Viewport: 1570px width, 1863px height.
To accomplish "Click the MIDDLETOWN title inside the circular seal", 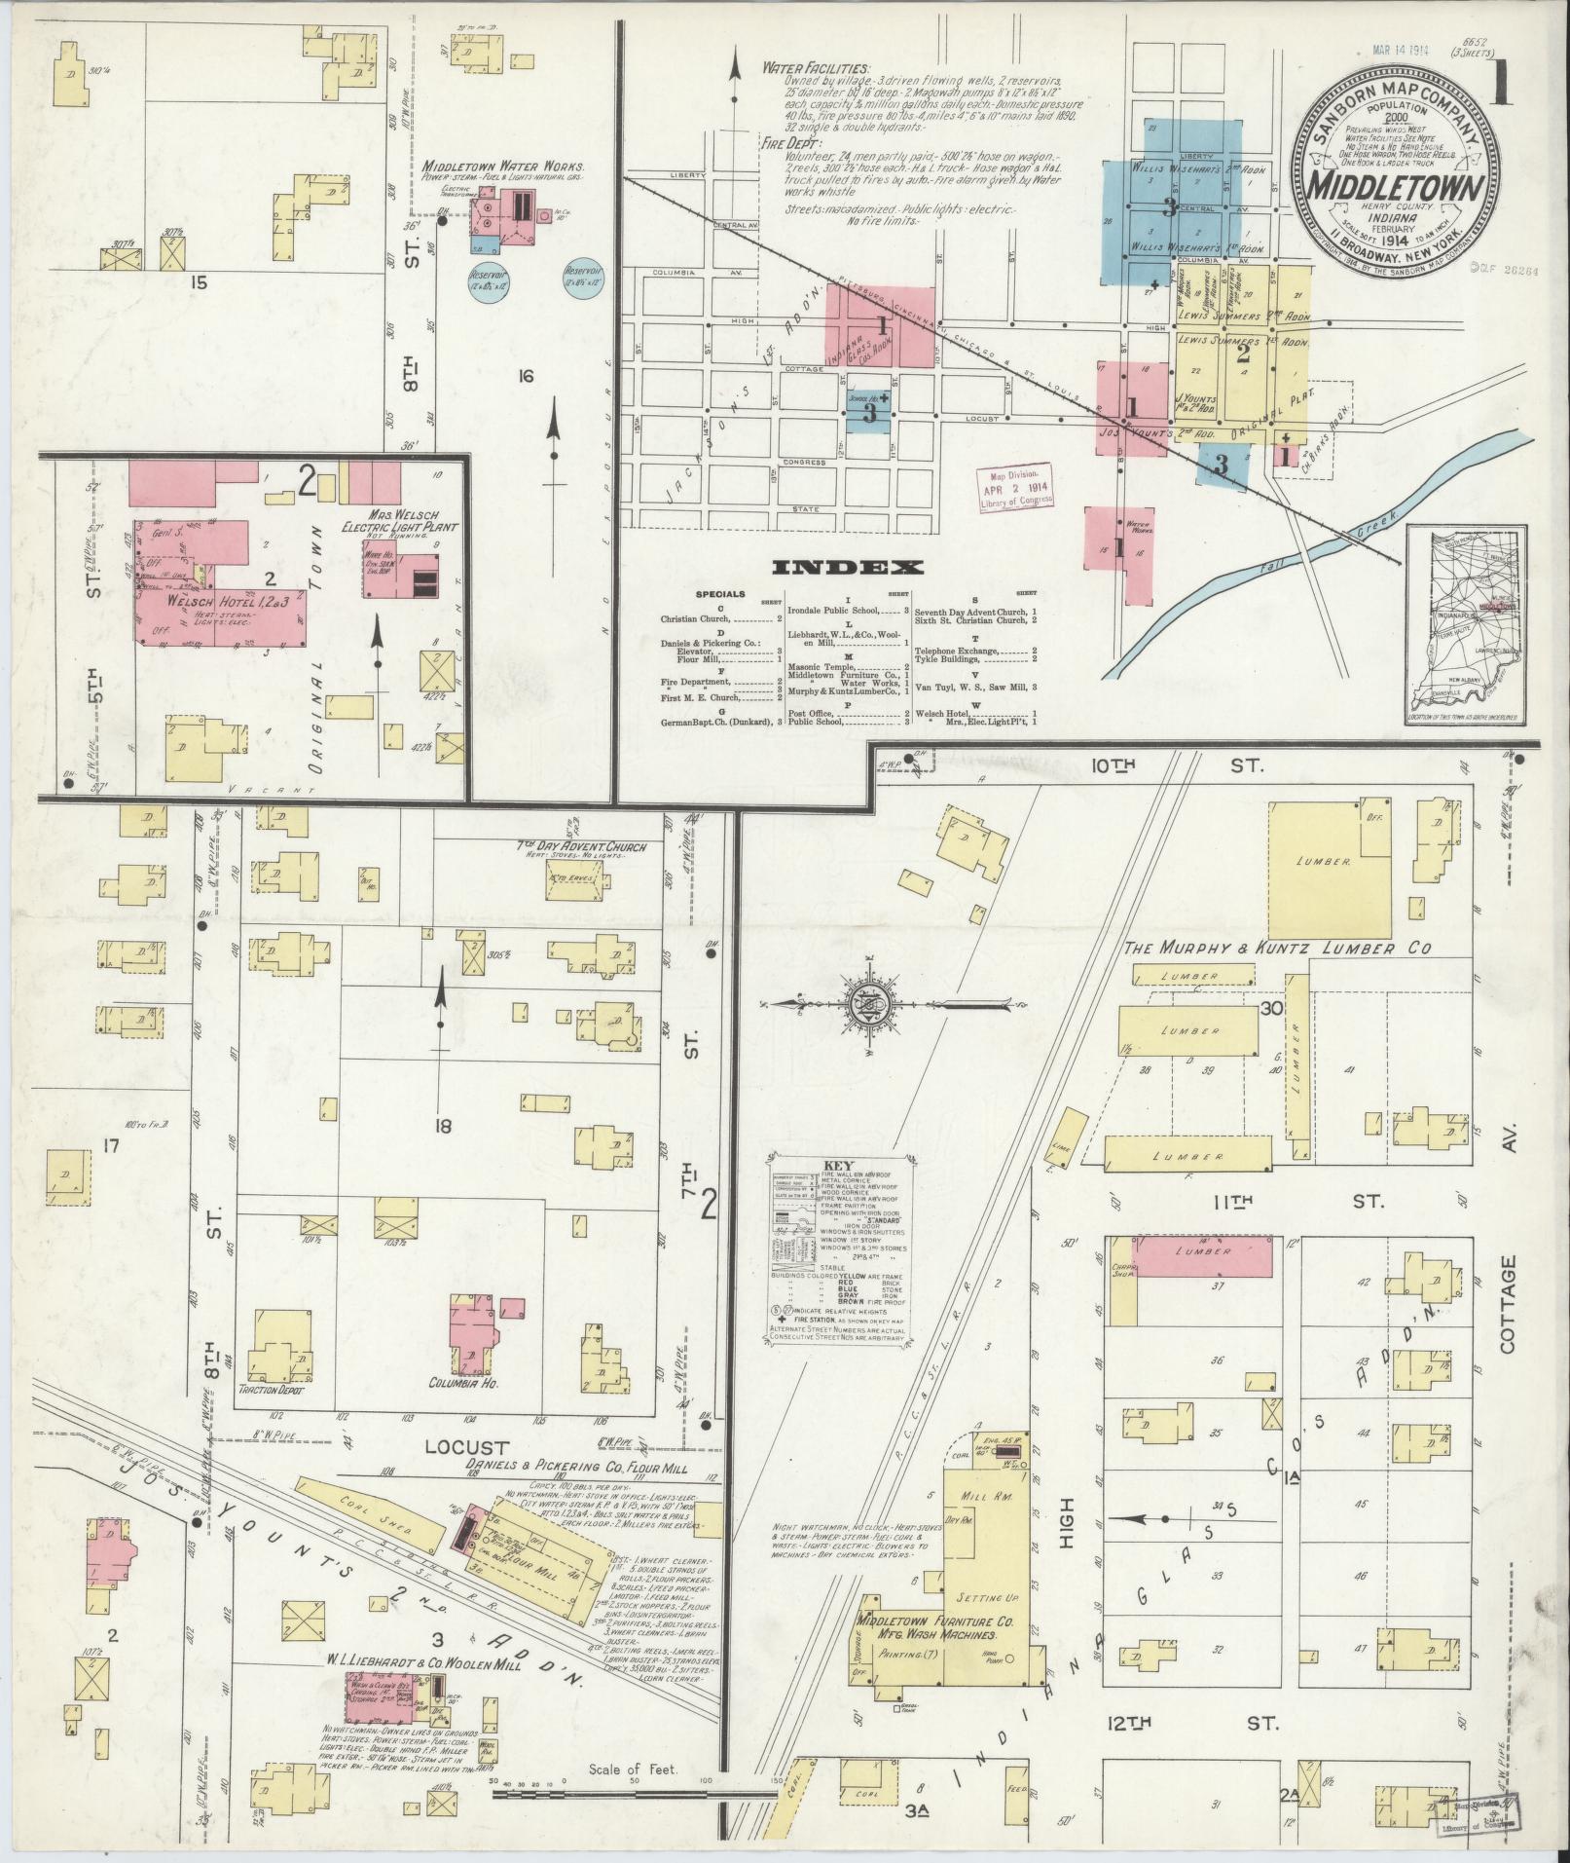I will click(1394, 186).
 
